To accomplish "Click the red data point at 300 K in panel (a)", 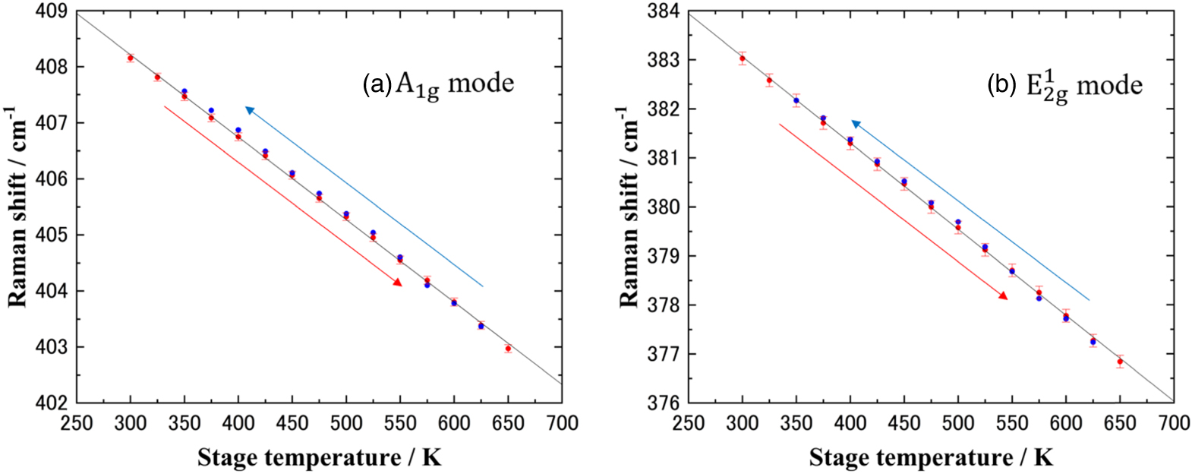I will [131, 58].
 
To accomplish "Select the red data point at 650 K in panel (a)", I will [508, 349].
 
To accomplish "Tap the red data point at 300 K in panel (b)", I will [743, 58].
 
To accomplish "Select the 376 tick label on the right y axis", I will [664, 403].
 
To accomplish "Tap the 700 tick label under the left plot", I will [562, 422].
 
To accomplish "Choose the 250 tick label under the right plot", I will [689, 422].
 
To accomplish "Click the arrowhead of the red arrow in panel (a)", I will [398, 283].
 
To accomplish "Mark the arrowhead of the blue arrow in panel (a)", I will [249, 110].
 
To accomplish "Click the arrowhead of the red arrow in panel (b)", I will [1004, 296].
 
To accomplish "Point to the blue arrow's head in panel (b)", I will [855, 123].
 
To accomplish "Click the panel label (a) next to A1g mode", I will [377, 84].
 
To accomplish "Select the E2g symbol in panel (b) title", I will [1047, 85].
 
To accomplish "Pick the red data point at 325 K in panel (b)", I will [769, 80].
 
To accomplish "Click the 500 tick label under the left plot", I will [346, 422].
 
